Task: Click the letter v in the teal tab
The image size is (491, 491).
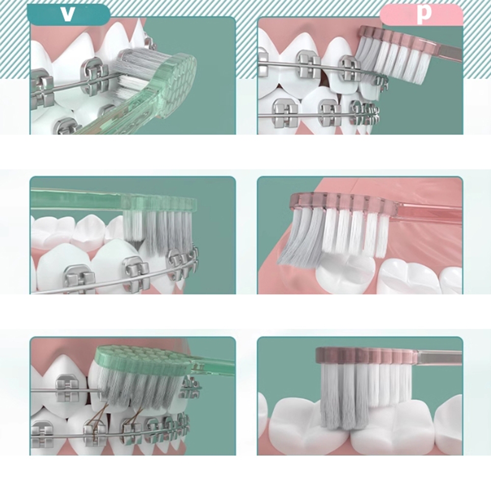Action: click(67, 14)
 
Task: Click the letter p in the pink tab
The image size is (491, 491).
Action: click(424, 14)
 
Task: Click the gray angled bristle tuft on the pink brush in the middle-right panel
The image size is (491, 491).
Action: click(300, 235)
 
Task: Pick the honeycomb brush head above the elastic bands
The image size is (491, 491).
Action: click(144, 360)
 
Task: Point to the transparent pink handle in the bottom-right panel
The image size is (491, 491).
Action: click(440, 357)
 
